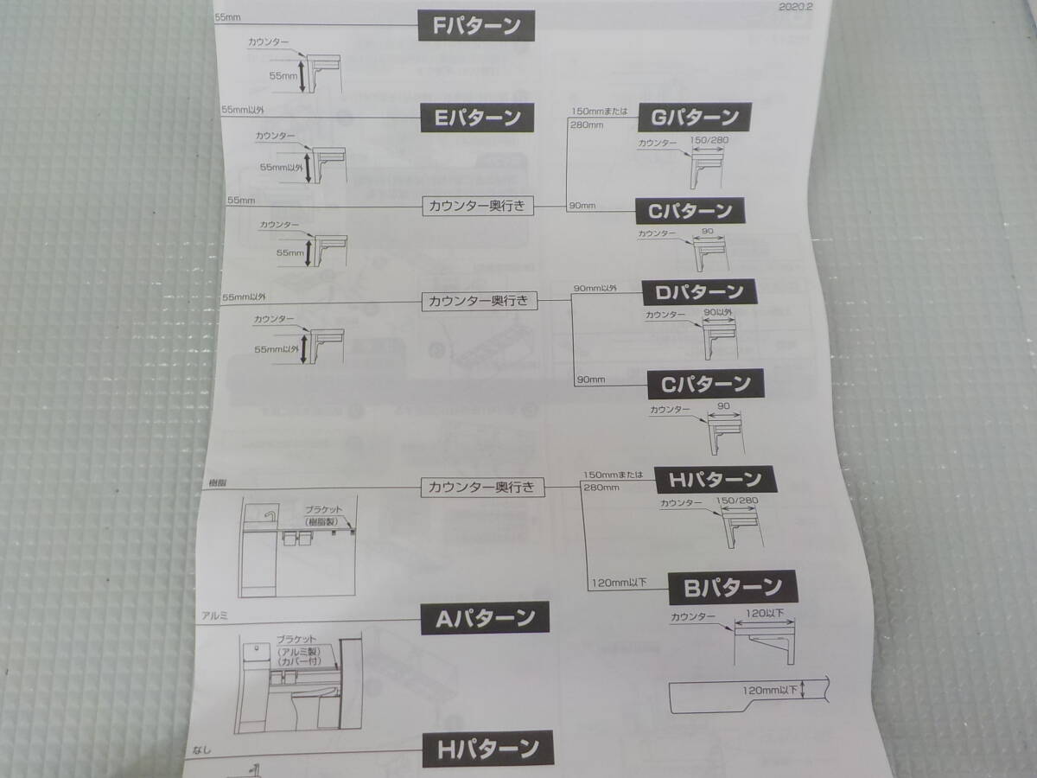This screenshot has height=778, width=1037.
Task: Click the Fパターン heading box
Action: (476, 25)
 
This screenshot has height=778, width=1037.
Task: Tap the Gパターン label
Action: (694, 117)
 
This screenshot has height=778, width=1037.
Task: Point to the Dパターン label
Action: (698, 291)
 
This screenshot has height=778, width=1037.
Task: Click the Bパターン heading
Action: (733, 588)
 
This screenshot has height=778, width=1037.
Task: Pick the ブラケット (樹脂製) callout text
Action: (325, 515)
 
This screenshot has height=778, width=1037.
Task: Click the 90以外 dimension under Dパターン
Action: (718, 312)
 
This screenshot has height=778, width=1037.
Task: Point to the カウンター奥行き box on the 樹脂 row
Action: (483, 488)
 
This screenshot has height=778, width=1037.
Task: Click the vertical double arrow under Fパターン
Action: (302, 76)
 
